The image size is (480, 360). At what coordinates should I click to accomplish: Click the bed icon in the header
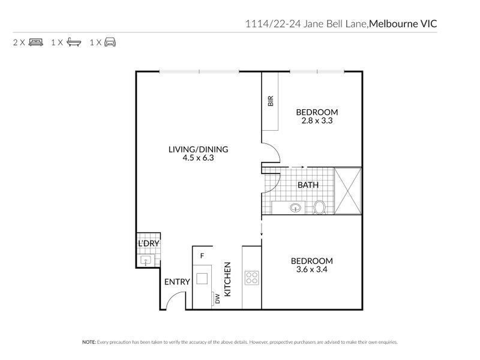(37, 43)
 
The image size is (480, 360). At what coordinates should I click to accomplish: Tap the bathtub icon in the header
(74, 43)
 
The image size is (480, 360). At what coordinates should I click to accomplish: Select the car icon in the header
(110, 43)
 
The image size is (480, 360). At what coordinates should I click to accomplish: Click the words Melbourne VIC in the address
(403, 23)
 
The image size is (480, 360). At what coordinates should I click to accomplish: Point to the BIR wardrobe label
(271, 101)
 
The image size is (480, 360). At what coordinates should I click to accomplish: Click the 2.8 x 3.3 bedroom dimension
(317, 120)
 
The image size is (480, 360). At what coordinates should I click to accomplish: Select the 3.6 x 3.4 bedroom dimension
(311, 269)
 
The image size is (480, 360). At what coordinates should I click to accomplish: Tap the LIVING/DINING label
(198, 149)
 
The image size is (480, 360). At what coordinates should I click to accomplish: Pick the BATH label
(308, 185)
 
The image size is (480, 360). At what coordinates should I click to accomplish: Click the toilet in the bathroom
(320, 208)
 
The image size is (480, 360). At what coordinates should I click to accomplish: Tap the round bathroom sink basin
(295, 208)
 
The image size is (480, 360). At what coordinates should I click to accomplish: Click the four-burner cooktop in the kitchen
(251, 278)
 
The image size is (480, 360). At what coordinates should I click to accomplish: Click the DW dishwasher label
(217, 298)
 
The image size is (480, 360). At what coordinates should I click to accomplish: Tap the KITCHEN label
(228, 279)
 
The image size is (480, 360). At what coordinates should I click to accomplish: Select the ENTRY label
(177, 281)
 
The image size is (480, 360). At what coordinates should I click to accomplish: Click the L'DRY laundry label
(147, 244)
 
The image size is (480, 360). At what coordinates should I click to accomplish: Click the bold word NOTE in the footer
(89, 342)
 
